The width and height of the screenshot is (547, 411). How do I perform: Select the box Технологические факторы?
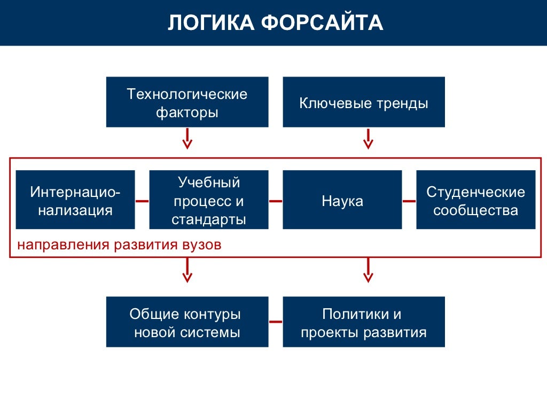[187, 102]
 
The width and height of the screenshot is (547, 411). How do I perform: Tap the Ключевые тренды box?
[364, 102]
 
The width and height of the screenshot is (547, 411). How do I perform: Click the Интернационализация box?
[75, 200]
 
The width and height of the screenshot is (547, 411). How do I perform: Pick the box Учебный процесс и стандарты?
[209, 200]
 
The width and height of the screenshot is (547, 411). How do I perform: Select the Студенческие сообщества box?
[475, 200]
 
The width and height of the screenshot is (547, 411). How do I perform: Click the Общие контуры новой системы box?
[187, 322]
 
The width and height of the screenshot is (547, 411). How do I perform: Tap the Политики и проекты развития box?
[364, 322]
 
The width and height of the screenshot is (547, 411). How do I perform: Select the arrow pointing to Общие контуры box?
[187, 270]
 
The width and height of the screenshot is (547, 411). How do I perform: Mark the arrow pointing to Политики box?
[368, 270]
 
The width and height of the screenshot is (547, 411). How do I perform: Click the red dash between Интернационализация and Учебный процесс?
[142, 201]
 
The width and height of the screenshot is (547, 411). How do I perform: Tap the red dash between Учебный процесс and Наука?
[276, 201]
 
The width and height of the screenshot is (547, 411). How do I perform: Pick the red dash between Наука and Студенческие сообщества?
[409, 201]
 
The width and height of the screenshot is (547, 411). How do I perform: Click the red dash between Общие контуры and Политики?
[276, 322]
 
